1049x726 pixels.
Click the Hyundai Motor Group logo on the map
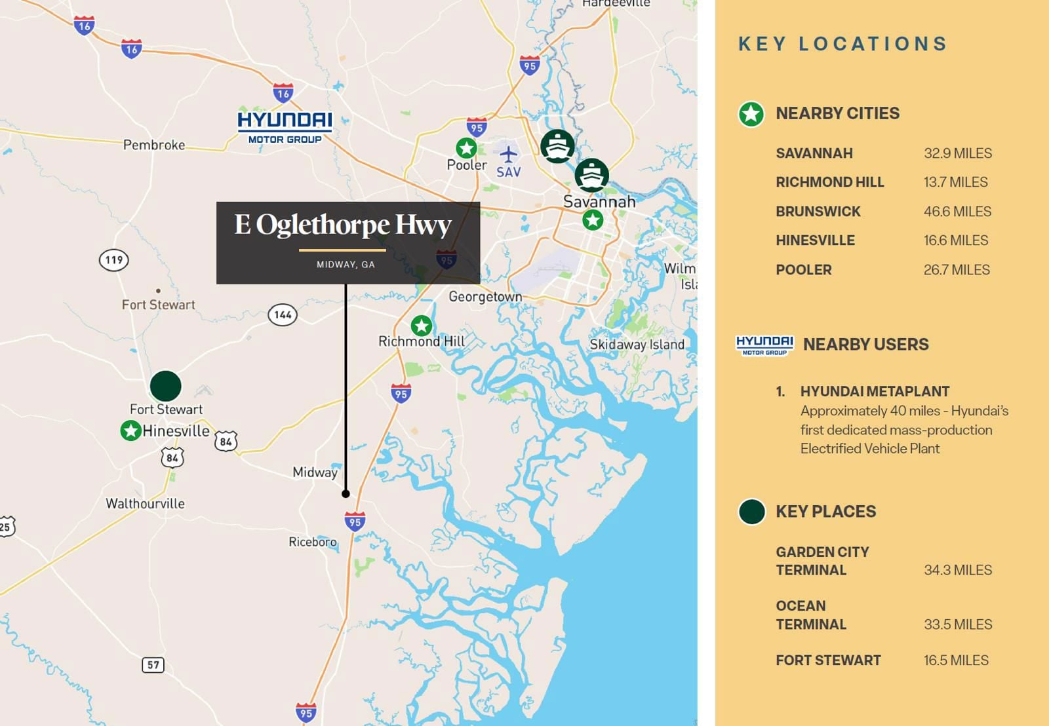point(285,127)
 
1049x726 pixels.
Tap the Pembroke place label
point(154,145)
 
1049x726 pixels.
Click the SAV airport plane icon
point(508,155)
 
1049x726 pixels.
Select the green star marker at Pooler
point(466,148)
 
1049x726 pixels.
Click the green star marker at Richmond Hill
point(421,325)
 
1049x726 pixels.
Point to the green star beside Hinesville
point(130,430)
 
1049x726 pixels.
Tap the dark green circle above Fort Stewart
point(165,386)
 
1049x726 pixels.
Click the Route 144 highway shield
point(283,315)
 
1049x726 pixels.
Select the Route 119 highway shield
point(114,260)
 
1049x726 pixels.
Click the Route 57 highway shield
point(153,665)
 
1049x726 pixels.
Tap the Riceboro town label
point(313,542)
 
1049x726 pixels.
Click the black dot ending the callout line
point(346,493)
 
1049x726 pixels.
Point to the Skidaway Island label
point(637,345)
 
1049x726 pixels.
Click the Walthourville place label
point(145,504)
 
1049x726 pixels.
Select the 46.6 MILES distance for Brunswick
point(957,212)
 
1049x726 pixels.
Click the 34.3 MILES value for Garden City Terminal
point(958,570)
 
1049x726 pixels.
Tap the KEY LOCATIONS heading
point(843,44)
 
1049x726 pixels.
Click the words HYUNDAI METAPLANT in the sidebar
point(875,391)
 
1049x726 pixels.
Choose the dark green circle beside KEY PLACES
point(751,512)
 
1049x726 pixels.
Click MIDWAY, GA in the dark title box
point(346,265)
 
